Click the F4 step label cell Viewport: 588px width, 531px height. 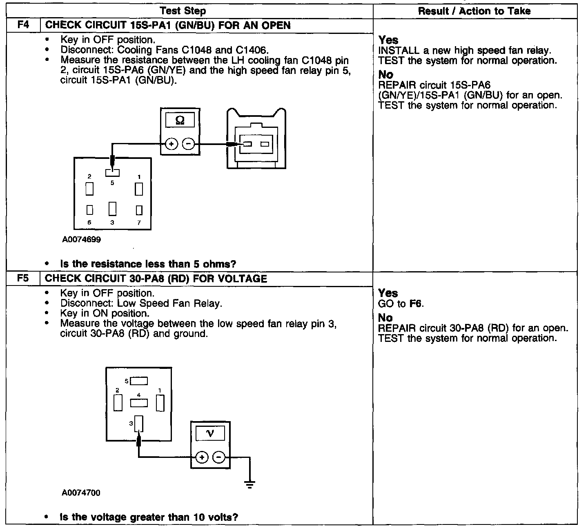click(23, 25)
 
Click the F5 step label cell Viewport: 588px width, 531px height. click(23, 279)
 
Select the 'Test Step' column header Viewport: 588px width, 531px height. click(183, 11)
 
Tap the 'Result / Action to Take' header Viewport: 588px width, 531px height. click(474, 11)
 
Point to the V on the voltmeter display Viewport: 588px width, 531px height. click(210, 433)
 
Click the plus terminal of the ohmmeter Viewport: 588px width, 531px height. click(171, 144)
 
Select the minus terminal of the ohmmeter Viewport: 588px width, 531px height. click(188, 144)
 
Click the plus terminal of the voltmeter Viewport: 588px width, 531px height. click(202, 457)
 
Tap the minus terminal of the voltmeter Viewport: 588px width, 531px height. click(219, 457)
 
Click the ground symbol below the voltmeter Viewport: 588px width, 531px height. click(249, 484)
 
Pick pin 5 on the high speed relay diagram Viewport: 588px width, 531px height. click(112, 173)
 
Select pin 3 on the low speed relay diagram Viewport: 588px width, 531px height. click(139, 424)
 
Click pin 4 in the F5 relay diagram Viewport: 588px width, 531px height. click(139, 403)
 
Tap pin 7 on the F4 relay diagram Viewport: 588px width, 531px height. click(139, 210)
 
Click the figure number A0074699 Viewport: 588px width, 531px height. click(82, 240)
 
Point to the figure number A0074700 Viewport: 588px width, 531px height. click(81, 493)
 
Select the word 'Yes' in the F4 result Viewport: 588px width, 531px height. click(388, 40)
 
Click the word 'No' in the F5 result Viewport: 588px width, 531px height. click(385, 318)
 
